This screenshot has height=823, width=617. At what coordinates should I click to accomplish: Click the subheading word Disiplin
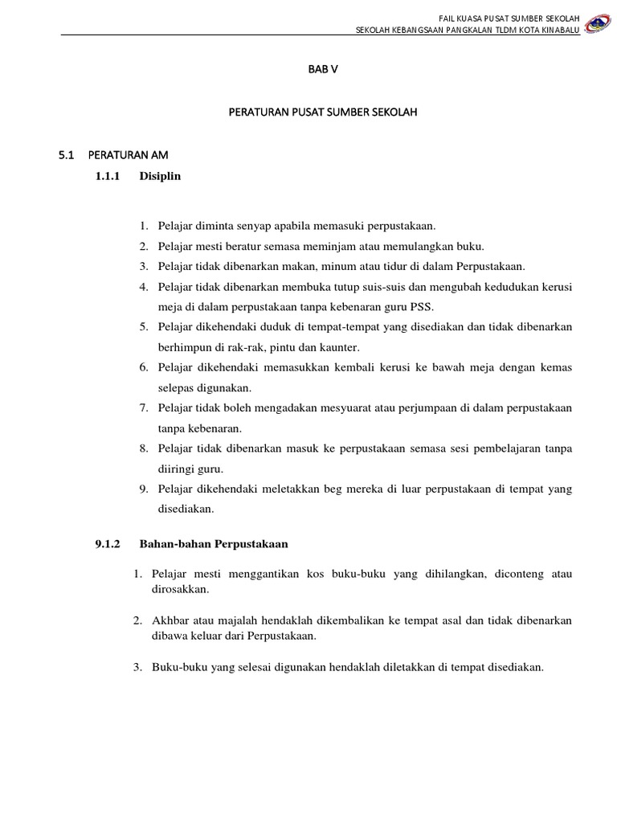pos(160,176)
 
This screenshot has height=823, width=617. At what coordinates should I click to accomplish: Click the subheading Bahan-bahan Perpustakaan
pos(213,544)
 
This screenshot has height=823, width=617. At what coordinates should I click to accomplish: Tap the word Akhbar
pos(170,620)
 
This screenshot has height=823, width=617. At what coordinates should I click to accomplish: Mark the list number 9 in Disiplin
pos(143,489)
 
